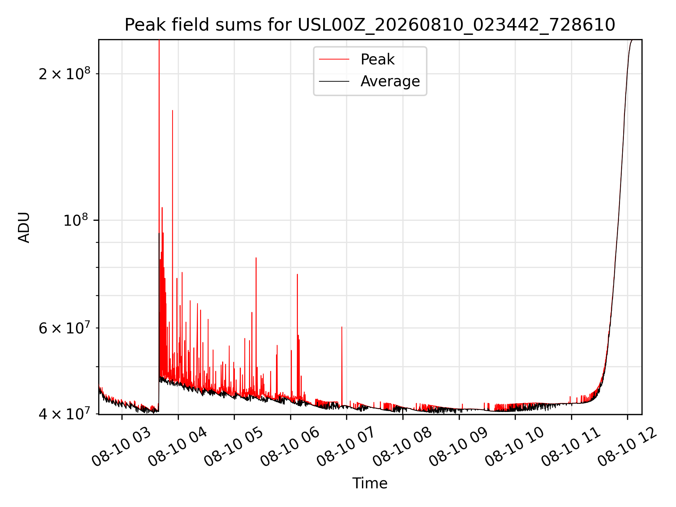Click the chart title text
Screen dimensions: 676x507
(370, 25)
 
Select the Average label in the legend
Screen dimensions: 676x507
(390, 81)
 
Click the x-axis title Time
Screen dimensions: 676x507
(370, 483)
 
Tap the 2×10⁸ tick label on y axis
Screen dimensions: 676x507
(64, 73)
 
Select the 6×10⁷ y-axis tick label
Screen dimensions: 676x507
(64, 328)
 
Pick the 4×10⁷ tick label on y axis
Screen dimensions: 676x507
(64, 414)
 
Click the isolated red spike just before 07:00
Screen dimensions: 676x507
(342, 366)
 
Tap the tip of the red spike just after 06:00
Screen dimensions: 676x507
(297, 274)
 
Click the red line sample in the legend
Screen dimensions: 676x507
(334, 59)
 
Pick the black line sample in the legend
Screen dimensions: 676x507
(334, 81)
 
